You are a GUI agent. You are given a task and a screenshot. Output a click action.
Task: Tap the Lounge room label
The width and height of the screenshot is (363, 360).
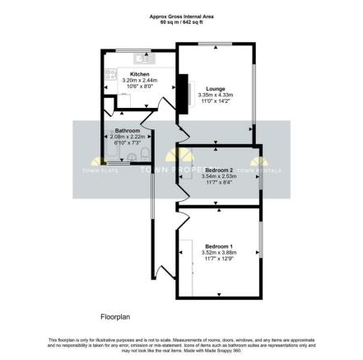point(216,89)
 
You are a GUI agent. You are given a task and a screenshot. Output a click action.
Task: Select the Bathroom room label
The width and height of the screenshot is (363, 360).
point(127,131)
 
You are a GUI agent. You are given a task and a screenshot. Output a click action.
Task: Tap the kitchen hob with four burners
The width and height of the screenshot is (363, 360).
point(111,73)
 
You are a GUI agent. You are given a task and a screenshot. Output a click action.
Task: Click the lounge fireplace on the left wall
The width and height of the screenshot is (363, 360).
point(184,89)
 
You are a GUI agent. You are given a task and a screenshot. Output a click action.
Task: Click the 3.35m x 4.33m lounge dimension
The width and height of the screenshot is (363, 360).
point(216,95)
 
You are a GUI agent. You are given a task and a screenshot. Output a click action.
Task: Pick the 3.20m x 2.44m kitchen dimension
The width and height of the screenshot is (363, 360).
point(138,80)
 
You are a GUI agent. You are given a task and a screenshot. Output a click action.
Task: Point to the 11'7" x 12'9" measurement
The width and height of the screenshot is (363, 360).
point(218,259)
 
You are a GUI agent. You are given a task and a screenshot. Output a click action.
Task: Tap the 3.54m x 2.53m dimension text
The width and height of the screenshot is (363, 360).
point(219,175)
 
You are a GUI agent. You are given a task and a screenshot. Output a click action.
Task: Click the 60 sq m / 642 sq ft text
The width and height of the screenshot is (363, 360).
point(180,21)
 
